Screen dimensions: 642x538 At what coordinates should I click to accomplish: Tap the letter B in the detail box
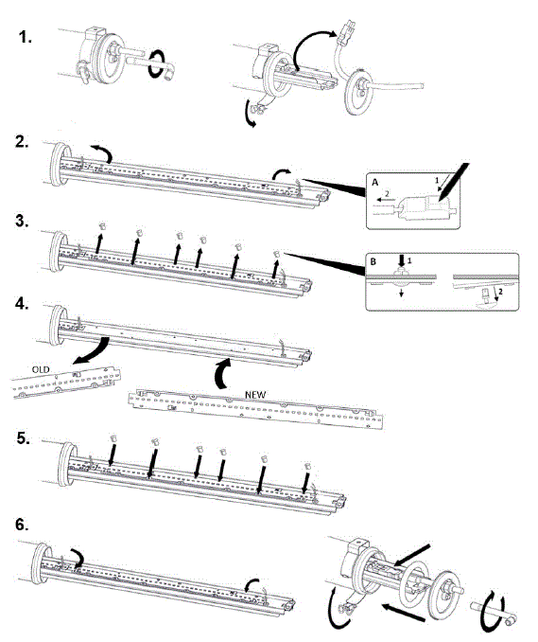(373, 258)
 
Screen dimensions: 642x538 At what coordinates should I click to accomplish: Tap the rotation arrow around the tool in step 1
(166, 69)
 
